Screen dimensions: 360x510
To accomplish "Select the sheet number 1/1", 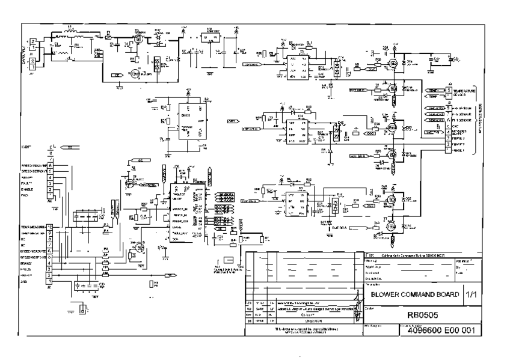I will [x=472, y=294].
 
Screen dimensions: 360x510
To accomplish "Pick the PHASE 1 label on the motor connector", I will [x=461, y=150].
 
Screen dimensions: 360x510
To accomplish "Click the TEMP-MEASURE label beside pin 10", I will [x=34, y=227].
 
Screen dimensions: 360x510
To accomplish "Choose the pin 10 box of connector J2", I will [x=50, y=227].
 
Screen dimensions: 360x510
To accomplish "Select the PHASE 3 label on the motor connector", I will [x=461, y=138].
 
